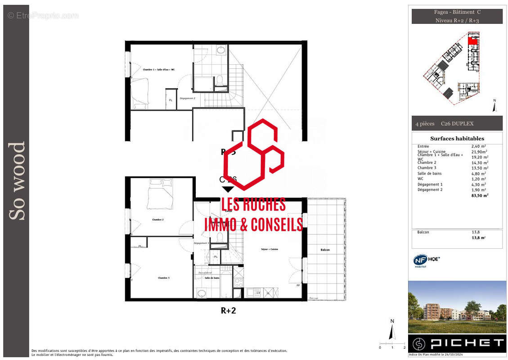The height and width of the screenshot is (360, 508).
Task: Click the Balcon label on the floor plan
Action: [325, 250]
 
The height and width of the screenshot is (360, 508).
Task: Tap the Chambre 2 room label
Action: [157, 220]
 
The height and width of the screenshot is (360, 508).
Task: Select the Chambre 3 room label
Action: [163, 278]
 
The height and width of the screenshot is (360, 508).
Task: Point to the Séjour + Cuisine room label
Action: [270, 249]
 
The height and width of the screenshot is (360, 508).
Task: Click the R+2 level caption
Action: [228, 310]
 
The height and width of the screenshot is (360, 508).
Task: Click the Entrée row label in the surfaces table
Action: [423, 147]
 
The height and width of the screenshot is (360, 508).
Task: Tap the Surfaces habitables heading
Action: [457, 139]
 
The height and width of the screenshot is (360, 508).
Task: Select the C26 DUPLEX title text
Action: [457, 124]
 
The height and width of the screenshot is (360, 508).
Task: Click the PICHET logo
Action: [457, 343]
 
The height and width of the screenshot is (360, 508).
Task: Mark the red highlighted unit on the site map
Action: [472, 41]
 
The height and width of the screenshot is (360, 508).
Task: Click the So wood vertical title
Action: [17, 181]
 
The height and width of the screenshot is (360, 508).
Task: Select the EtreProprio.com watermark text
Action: [43, 16]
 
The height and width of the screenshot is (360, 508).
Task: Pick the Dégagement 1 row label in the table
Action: [430, 184]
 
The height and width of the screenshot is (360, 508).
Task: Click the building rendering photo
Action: [457, 307]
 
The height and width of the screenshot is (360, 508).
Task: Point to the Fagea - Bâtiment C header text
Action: [457, 13]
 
